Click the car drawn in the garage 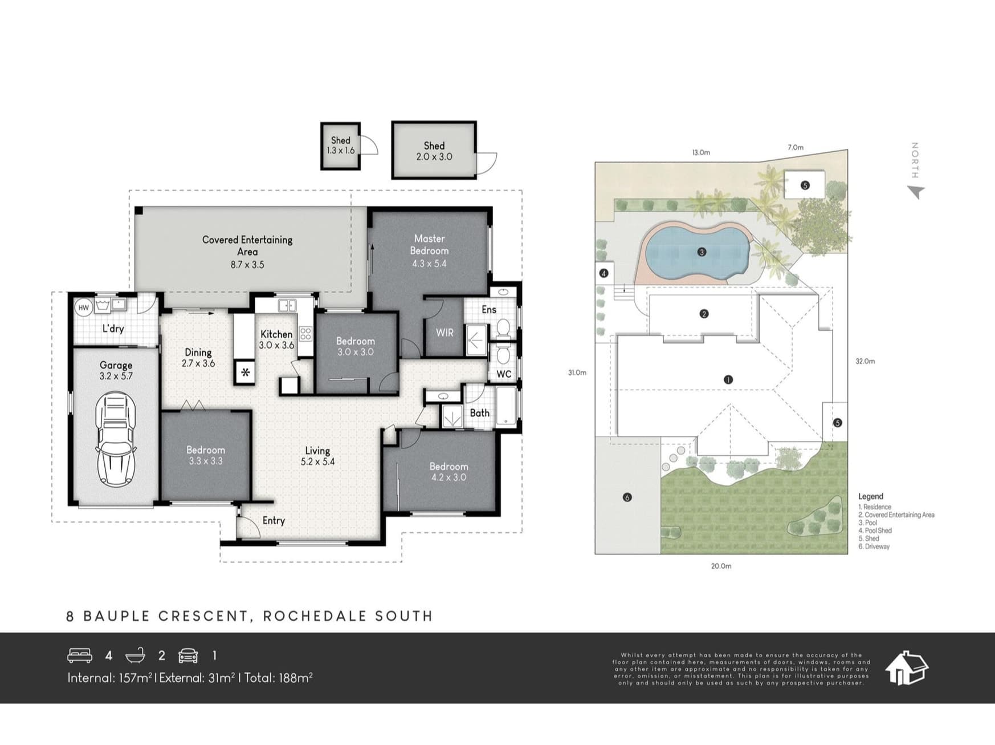116,439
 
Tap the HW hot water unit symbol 84,308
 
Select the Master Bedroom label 429,245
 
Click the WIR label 445,332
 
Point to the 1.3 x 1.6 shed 341,146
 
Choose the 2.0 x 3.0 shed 434,150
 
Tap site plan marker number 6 627,497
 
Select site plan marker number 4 603,273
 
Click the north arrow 916,192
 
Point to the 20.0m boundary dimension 721,566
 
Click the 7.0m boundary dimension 796,147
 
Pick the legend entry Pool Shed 875,531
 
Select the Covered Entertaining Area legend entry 896,515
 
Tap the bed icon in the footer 80,655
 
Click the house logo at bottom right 906,668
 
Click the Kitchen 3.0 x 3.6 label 276,339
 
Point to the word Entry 274,521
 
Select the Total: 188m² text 278,678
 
